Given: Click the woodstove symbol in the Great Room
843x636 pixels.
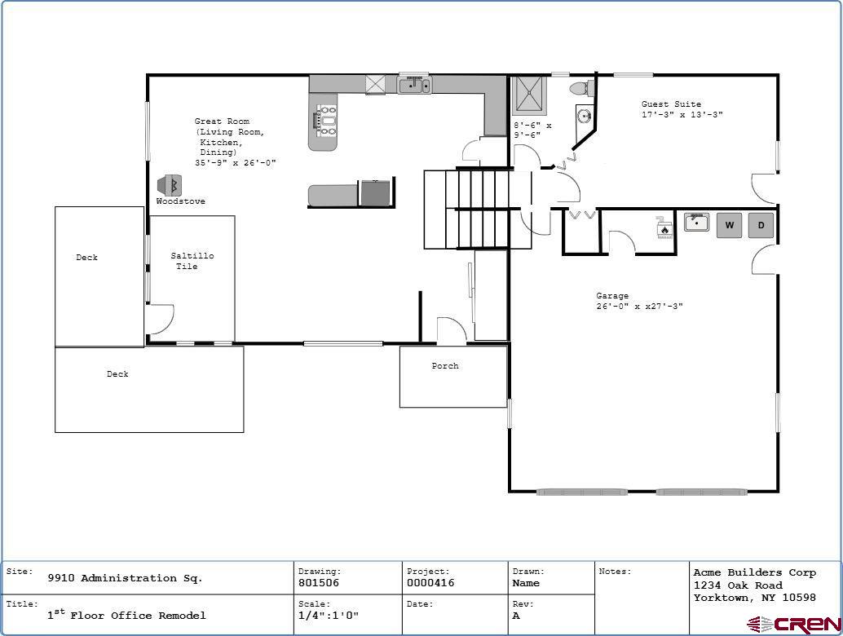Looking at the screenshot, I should pos(170,185).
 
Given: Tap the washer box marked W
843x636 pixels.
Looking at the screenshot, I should pos(729,225).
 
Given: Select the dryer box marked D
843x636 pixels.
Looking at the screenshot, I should pos(761,225).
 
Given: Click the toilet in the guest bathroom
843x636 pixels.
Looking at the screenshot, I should pos(580,88).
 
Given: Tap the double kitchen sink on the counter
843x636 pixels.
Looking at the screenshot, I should pos(414,84).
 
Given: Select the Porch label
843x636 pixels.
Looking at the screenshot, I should pos(445,366).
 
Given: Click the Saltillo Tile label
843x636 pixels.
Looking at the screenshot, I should pos(192,261).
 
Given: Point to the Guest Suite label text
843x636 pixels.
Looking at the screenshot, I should pos(671,104).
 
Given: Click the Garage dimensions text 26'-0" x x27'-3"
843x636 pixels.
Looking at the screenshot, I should pos(638,307).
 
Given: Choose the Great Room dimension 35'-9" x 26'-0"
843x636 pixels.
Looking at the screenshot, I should pos(235,163).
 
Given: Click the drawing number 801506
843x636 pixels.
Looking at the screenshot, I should pos(319,583).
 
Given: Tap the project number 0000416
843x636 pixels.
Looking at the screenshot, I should pos(430,583).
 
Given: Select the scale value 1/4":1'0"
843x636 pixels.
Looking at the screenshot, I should pos(328,616).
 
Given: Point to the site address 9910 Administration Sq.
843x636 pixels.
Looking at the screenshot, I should pos(125,578).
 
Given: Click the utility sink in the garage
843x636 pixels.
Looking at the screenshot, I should pos(696,223).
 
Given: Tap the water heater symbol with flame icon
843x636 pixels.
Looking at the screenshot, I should pos(664,228).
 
